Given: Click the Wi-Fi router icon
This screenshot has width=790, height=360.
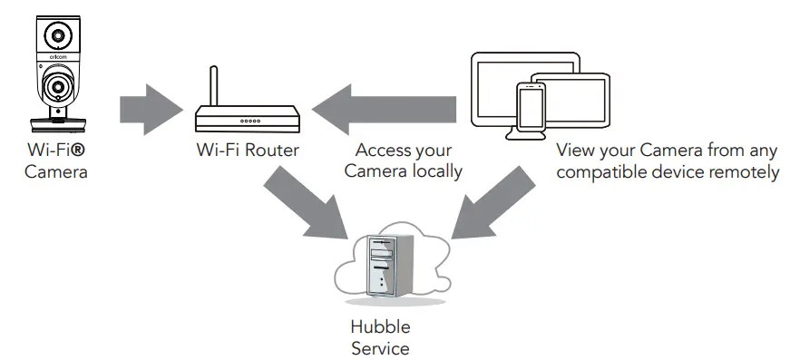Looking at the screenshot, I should [248, 118].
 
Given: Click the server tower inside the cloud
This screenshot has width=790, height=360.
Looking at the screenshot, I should [385, 264].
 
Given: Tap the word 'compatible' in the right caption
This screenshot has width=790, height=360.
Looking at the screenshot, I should [599, 170].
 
